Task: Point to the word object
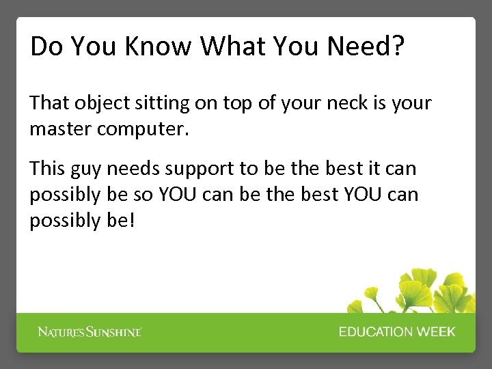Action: pyautogui.click(x=95, y=104)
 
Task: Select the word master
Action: pyautogui.click(x=60, y=129)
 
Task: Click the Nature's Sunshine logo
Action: pyautogui.click(x=90, y=332)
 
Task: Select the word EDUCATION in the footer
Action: pyautogui.click(x=376, y=332)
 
